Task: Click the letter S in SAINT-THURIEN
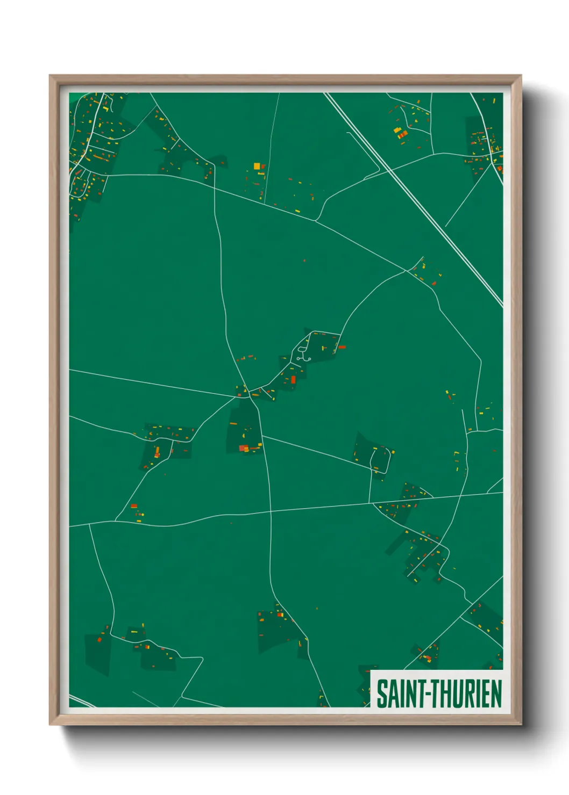coord(382,693)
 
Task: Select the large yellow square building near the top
coord(257,166)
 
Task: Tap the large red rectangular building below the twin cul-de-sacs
coord(293,380)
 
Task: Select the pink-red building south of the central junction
coord(243,448)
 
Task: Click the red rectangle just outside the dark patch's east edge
coord(342,347)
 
